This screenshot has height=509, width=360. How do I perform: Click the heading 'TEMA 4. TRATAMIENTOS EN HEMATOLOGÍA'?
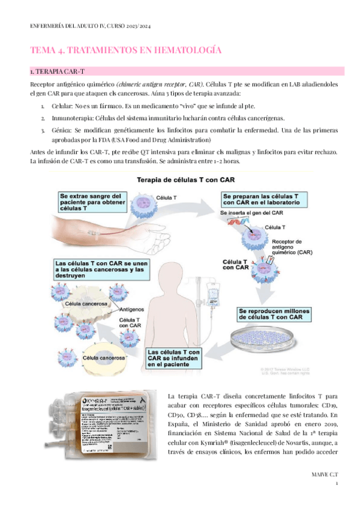[x=125, y=50]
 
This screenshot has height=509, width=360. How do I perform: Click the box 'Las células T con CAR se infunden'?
[x=174, y=357]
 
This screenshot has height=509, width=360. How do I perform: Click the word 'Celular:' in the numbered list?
[x=53, y=105]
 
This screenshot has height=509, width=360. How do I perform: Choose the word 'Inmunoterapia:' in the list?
[x=64, y=118]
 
